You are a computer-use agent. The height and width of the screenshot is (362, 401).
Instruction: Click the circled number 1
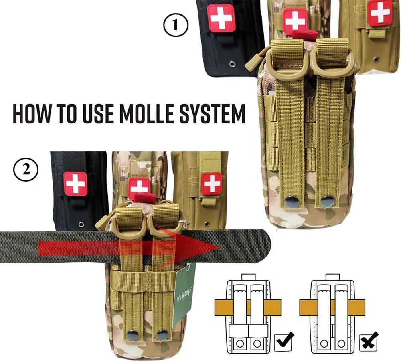175,26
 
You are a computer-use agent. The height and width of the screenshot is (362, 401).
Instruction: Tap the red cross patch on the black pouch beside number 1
221,18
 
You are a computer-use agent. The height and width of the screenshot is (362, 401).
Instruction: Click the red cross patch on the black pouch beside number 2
75,184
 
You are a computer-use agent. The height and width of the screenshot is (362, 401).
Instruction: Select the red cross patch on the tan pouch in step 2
211,184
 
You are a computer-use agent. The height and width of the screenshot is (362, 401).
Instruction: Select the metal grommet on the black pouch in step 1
233,63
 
